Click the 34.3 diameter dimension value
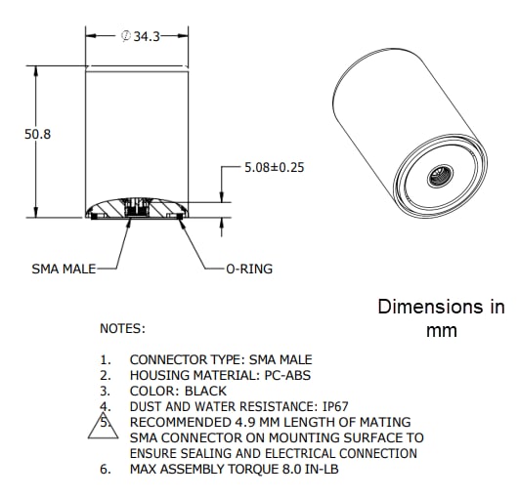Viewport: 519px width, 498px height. click(147, 36)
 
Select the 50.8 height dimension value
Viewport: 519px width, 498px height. click(37, 135)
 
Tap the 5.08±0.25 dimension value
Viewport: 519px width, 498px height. click(275, 167)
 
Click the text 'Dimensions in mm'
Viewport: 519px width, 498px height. click(441, 318)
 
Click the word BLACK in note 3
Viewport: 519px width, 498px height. click(205, 391)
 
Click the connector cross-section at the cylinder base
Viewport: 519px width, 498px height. click(135, 209)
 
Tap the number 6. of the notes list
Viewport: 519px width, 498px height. click(106, 470)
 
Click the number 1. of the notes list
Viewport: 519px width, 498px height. click(106, 359)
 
